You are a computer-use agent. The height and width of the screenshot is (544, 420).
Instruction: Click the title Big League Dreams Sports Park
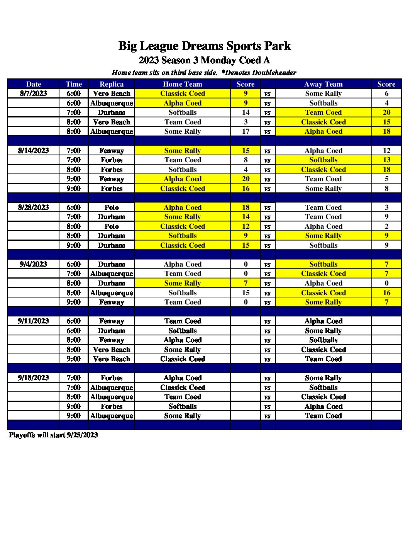point(204,46)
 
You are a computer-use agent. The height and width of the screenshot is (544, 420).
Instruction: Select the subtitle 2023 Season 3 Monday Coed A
point(204,60)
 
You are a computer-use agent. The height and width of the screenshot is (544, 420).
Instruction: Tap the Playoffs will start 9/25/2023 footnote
point(53,435)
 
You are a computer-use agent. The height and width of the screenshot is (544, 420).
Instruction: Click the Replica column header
point(112,84)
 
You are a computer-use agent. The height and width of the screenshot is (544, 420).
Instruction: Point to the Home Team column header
point(183,84)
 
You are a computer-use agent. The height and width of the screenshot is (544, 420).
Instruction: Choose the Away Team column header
point(323,84)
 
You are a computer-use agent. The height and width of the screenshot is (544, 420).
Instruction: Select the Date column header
point(34,84)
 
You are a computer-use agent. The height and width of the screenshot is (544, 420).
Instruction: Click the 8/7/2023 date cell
point(34,93)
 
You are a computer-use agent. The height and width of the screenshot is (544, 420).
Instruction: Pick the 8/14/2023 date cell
point(34,151)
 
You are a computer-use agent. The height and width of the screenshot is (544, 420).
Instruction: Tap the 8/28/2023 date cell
point(34,207)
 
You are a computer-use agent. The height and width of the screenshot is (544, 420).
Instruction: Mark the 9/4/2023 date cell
point(34,264)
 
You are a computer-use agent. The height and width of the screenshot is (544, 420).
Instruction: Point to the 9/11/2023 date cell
point(34,321)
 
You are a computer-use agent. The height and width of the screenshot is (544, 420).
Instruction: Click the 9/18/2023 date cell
point(34,378)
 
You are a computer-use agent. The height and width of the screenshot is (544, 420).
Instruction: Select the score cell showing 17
point(246,131)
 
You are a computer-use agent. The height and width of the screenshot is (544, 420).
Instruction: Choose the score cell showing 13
point(386,160)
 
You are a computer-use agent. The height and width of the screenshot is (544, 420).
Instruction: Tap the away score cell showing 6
point(386,93)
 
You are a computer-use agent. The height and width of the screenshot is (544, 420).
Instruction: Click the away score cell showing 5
point(386,179)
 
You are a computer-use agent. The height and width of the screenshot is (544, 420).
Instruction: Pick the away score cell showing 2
point(386,226)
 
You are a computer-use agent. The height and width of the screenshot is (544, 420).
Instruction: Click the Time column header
point(74,84)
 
